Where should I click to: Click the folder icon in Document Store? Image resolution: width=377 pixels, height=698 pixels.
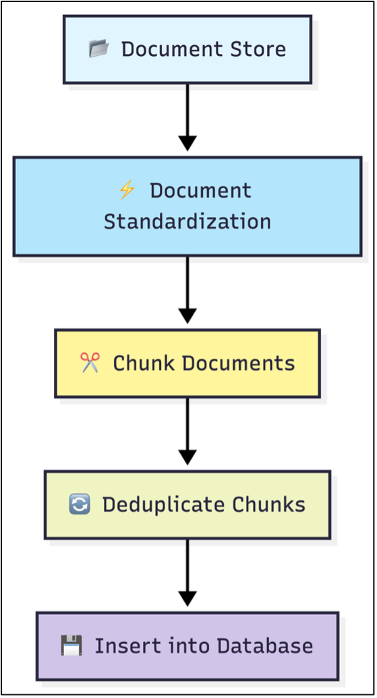(98, 49)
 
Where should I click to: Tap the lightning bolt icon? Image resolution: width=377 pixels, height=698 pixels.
(126, 191)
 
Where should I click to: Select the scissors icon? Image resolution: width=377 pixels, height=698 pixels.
(89, 363)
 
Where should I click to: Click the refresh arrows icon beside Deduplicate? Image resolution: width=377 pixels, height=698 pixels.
(80, 504)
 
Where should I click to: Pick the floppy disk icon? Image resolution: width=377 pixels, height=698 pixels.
(71, 645)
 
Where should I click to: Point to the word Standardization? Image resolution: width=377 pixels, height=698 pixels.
(187, 221)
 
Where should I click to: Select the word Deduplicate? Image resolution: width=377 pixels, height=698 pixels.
(165, 504)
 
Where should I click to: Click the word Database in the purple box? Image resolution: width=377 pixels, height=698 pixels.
(268, 645)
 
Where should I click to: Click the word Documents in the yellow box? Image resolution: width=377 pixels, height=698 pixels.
(238, 363)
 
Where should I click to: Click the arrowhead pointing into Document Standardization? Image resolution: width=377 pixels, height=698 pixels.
(187, 143)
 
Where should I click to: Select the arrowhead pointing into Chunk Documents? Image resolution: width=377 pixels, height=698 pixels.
(187, 315)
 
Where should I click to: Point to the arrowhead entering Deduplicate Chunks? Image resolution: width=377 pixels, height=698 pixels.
(187, 457)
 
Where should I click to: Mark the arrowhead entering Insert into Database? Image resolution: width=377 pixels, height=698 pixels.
(187, 598)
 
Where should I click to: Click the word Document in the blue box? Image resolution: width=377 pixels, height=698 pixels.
(200, 191)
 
